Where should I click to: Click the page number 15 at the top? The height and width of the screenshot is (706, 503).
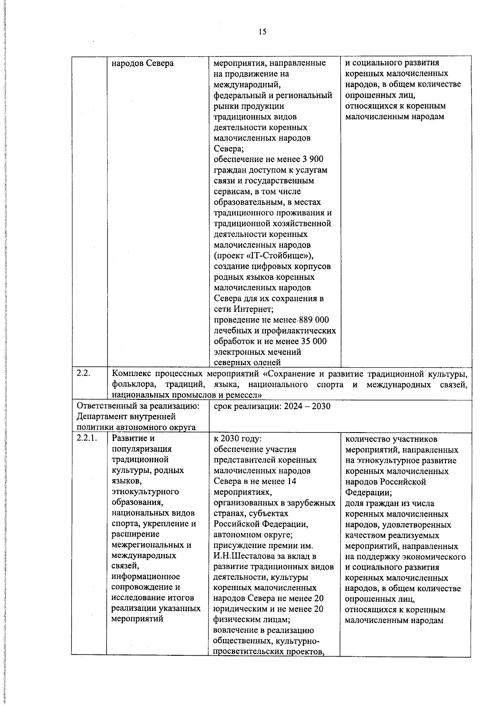click(262, 32)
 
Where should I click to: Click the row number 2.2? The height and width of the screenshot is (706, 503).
click(83, 374)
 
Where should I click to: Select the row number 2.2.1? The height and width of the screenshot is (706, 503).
click(87, 438)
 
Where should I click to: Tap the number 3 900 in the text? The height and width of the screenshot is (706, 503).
click(312, 160)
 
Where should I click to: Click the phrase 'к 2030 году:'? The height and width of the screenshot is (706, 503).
click(238, 439)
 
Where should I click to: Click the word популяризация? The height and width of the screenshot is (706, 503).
click(136, 449)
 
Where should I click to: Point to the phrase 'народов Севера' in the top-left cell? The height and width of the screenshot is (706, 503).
click(143, 63)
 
